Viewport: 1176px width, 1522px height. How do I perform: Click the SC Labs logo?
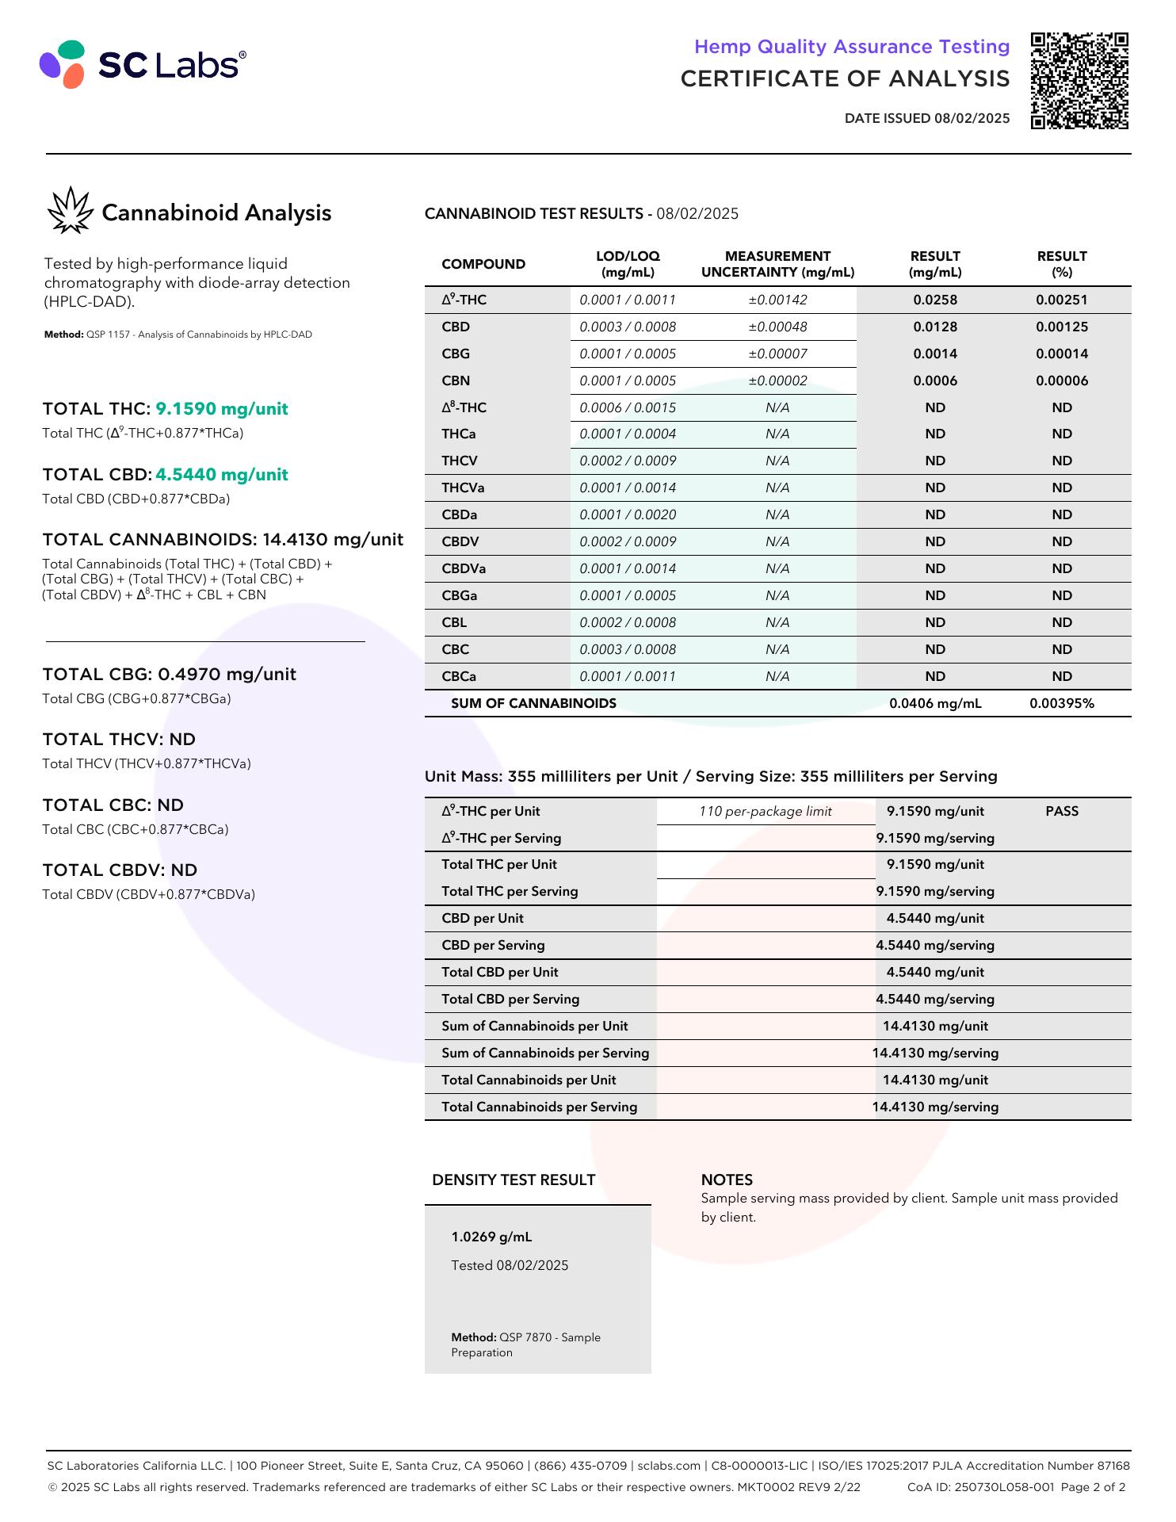coord(143,64)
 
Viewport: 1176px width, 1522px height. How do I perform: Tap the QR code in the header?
coord(1079,81)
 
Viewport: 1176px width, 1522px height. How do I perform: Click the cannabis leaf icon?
coord(70,211)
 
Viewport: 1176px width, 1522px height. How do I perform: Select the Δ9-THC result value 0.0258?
coord(935,300)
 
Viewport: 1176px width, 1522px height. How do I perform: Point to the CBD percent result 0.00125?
coord(1061,327)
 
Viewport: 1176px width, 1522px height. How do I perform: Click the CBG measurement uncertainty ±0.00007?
coord(777,354)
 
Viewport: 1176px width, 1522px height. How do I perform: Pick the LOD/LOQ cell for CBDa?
coord(628,514)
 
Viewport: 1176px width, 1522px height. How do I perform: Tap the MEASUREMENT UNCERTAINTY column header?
coord(777,264)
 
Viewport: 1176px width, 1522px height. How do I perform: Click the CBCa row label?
coord(459,676)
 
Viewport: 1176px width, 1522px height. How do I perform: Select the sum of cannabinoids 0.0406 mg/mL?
coord(935,703)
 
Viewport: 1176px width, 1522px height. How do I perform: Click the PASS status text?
coord(1061,811)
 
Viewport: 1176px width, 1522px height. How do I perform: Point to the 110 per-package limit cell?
coord(766,811)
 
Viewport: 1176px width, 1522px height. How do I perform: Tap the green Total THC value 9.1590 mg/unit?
coord(222,409)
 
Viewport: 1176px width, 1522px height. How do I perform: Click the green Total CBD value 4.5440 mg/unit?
coord(222,475)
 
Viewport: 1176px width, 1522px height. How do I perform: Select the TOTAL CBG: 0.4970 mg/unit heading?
coord(170,674)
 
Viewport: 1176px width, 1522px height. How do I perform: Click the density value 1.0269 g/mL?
coord(491,1237)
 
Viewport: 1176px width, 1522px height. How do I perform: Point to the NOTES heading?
coord(727,1180)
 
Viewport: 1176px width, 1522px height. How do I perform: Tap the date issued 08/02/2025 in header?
coord(972,118)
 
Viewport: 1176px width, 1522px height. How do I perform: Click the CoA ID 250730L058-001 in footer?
coord(980,1487)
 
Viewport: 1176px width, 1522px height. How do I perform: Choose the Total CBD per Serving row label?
coord(510,999)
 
